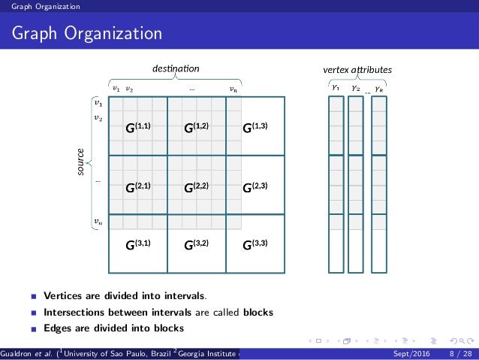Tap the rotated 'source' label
coord(79,163)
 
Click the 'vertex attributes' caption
coord(356,70)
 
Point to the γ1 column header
coord(334,87)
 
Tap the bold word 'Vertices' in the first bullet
coord(65,295)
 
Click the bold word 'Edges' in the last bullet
coord(59,328)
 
